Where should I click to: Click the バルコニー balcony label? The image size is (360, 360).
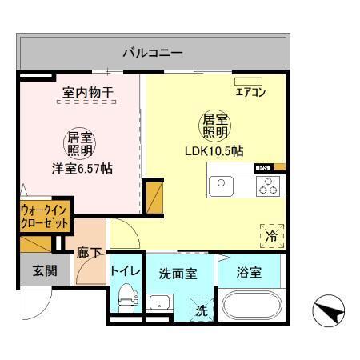point(152,54)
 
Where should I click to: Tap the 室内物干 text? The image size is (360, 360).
point(88,93)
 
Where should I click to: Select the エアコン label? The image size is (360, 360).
point(250,93)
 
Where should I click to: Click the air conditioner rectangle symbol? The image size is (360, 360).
point(248,81)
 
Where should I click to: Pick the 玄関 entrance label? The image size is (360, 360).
point(44,270)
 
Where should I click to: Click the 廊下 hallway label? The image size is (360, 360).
point(89,254)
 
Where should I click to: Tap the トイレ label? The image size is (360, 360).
point(126,271)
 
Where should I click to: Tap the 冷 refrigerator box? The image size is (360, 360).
point(271,236)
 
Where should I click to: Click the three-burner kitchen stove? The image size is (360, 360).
point(268,186)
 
